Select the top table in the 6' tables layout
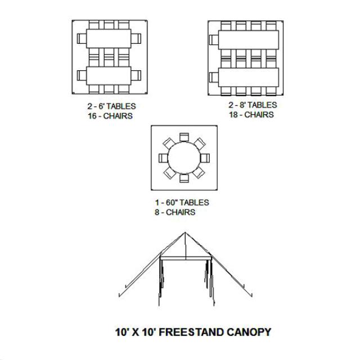109,39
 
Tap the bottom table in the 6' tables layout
109,76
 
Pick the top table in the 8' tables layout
249,40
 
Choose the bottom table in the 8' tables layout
249,78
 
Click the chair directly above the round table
184,137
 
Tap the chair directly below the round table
184,178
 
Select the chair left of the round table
163,158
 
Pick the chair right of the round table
205,158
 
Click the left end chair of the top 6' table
82,39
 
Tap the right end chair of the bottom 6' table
136,75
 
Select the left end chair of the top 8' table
214,40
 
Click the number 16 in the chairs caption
92,116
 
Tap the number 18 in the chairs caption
233,115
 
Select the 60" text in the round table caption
172,202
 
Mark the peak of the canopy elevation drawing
185,232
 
